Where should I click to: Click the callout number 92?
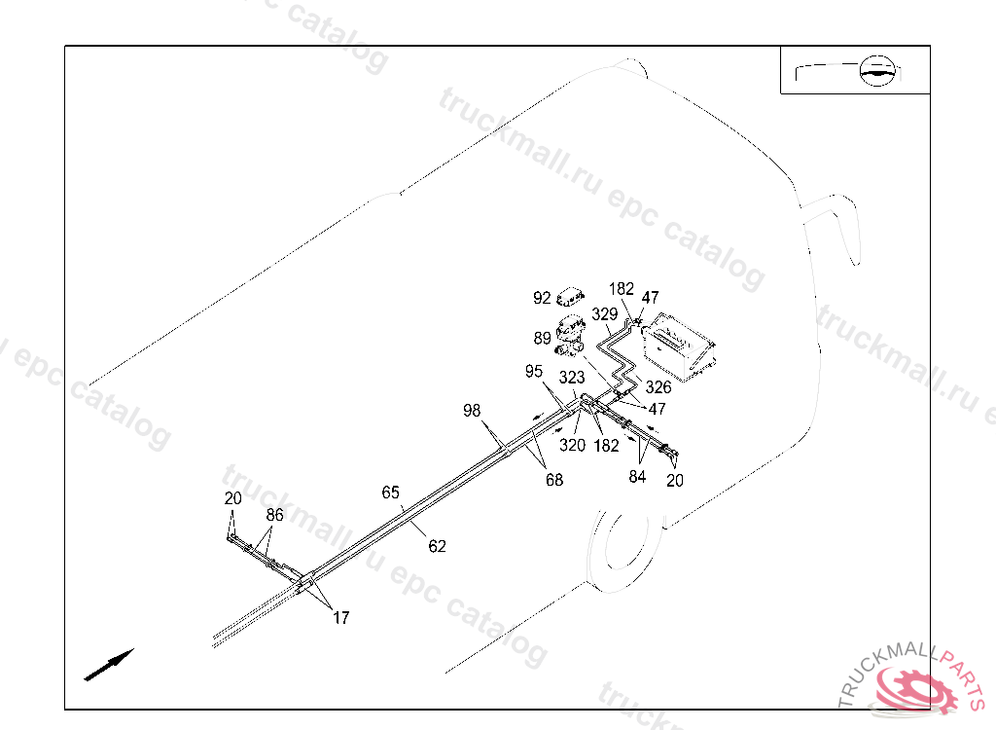pyautogui.click(x=542, y=298)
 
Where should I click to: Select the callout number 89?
pyautogui.click(x=542, y=339)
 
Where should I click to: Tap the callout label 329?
pyautogui.click(x=604, y=314)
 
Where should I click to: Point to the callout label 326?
pyautogui.click(x=658, y=387)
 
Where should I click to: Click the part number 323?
pyautogui.click(x=572, y=378)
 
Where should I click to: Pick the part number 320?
pyautogui.click(x=572, y=445)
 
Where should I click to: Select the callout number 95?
pyautogui.click(x=534, y=371)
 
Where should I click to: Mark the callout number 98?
pyautogui.click(x=472, y=412)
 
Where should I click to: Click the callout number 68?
pyautogui.click(x=553, y=480)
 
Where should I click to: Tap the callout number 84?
pyautogui.click(x=638, y=476)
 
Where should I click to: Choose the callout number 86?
pyautogui.click(x=275, y=515)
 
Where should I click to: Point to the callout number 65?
pyautogui.click(x=390, y=493)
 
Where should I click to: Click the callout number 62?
pyautogui.click(x=438, y=546)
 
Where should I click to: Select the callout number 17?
pyautogui.click(x=341, y=617)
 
